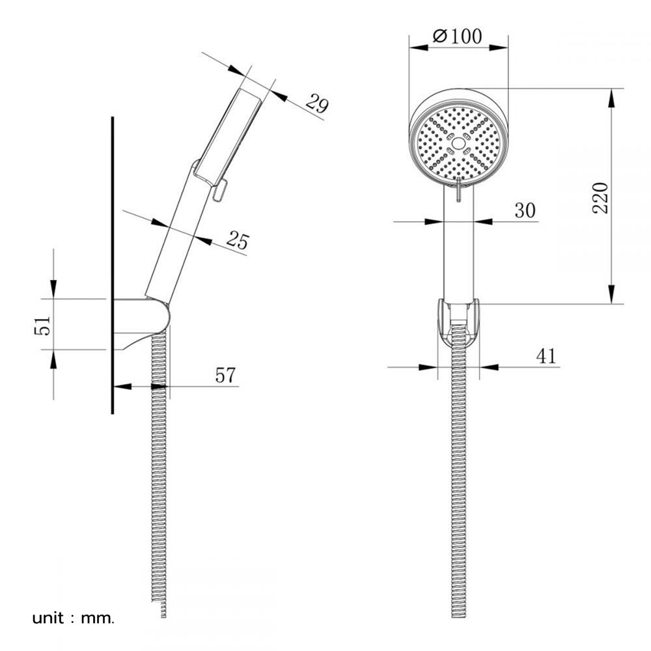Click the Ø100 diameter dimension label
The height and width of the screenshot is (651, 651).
457,36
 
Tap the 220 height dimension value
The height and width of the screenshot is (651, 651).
600,198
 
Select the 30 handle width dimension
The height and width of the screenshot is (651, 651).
525,210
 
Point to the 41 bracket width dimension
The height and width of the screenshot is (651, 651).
546,356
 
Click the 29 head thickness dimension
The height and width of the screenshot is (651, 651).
317,104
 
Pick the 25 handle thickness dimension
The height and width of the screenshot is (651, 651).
238,240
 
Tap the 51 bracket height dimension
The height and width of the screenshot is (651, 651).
42,325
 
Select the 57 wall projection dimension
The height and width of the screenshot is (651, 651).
225,376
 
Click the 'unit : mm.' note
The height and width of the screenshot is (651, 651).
73,618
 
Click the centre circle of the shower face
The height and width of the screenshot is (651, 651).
458,144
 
